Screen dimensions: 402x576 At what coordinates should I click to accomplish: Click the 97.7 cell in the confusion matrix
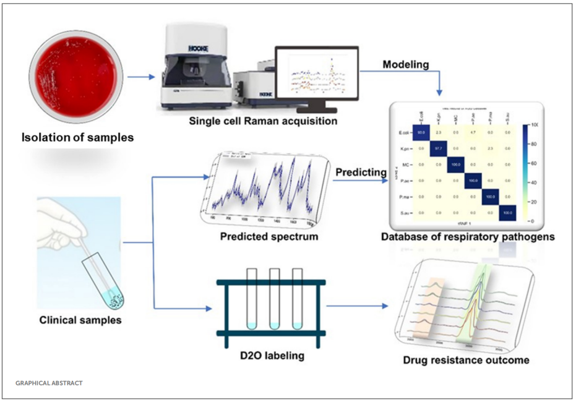tap(437, 148)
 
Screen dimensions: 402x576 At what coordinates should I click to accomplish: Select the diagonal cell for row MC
tap(455, 164)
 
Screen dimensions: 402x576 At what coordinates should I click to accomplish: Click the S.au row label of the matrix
tap(406, 213)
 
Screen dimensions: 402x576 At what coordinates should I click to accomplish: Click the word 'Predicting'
tap(361, 173)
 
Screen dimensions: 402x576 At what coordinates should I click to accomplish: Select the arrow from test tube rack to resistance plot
tap(356, 306)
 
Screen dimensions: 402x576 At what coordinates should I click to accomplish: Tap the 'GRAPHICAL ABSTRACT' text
tap(49, 383)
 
